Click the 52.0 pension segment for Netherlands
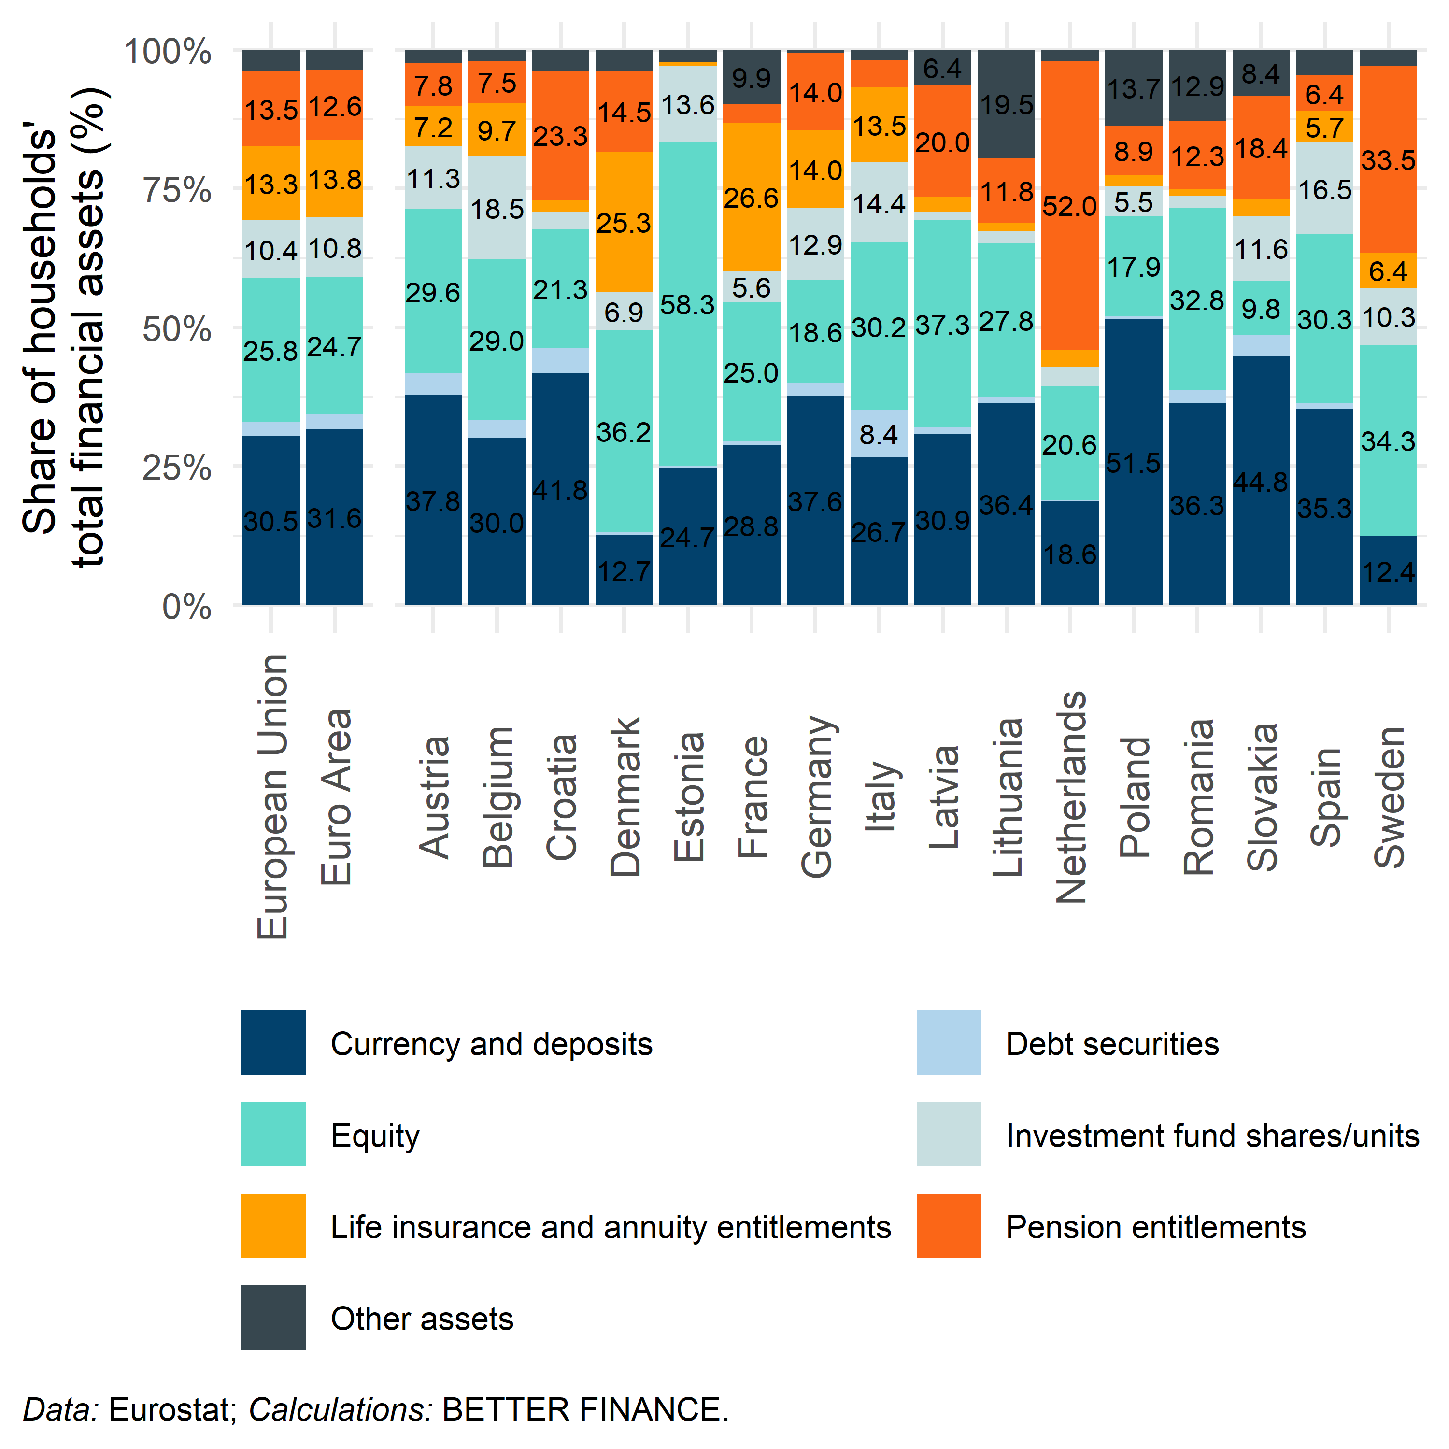(1069, 205)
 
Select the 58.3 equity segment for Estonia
(688, 304)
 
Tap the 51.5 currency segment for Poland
(1133, 462)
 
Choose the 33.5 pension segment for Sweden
(1388, 160)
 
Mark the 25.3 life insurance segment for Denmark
(624, 222)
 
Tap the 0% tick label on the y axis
(187, 606)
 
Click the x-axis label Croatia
(561, 796)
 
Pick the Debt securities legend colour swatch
(949, 1042)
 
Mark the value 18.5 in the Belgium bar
(497, 209)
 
